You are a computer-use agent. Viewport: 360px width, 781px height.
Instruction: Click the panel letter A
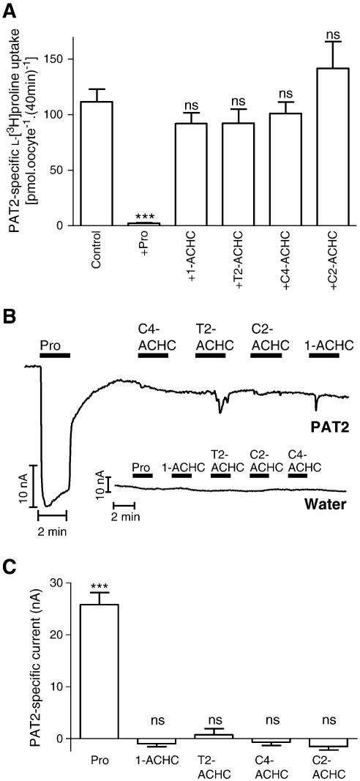[x=9, y=10]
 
